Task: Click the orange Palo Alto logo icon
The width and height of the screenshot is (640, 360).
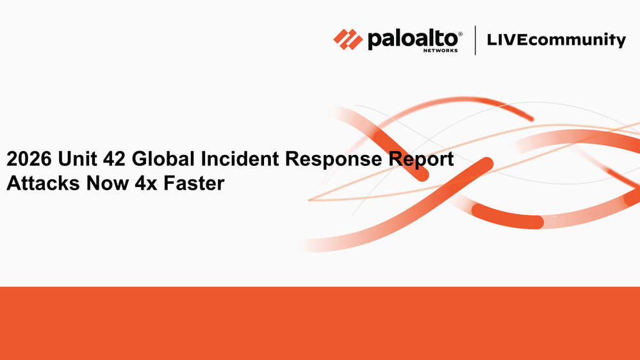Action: (x=348, y=39)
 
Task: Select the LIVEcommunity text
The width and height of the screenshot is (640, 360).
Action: (x=555, y=40)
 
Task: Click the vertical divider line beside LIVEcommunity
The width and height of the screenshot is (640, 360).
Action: (x=475, y=40)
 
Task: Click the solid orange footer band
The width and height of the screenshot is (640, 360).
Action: (x=320, y=323)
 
